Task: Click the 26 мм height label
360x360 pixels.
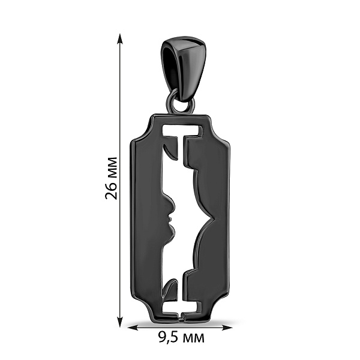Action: pos(111,178)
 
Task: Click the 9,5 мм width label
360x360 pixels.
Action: pos(181,337)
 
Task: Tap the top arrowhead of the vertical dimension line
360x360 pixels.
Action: pos(119,38)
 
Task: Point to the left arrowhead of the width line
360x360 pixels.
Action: pos(132,327)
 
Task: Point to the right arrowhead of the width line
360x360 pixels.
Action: pos(227,327)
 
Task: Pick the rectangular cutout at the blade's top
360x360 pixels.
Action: pos(182,130)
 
